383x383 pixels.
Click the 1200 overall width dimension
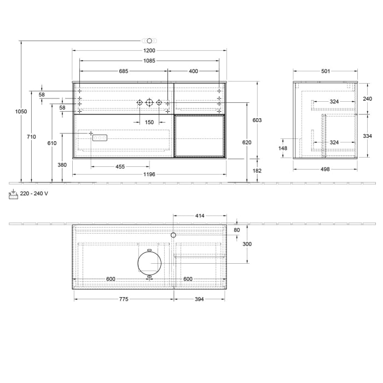(x=149, y=51)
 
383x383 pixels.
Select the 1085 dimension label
(x=149, y=61)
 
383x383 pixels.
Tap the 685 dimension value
(x=124, y=71)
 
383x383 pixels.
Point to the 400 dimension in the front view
(x=193, y=71)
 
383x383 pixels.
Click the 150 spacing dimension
(x=149, y=123)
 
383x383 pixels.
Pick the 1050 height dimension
(x=21, y=112)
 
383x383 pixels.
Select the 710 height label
(x=31, y=137)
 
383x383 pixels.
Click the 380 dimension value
(x=62, y=165)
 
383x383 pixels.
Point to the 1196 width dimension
(x=149, y=175)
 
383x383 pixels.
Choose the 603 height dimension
(x=257, y=120)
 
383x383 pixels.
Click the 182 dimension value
(x=257, y=171)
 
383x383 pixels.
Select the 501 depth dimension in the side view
(x=325, y=71)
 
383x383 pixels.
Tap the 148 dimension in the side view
(x=283, y=148)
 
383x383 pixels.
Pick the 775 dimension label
(x=123, y=299)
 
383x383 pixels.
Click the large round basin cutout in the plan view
(x=149, y=263)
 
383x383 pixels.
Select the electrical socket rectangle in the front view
(x=100, y=138)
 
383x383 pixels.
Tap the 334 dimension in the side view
(x=368, y=136)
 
